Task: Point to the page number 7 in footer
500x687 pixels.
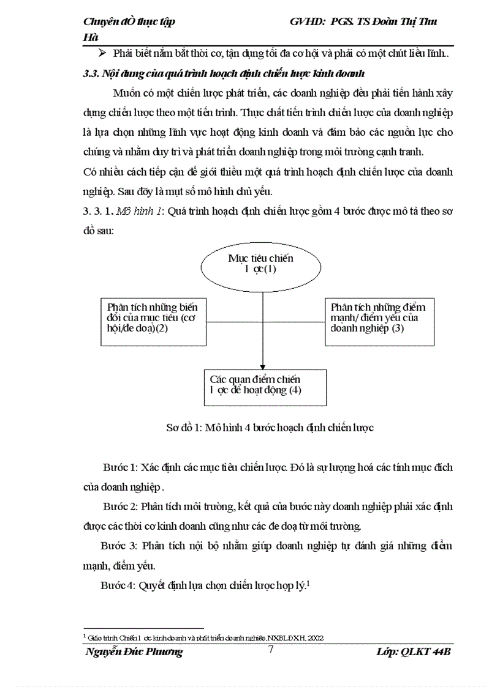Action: (271, 650)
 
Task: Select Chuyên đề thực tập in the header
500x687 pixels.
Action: (129, 22)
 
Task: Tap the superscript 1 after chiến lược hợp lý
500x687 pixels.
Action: (308, 582)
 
